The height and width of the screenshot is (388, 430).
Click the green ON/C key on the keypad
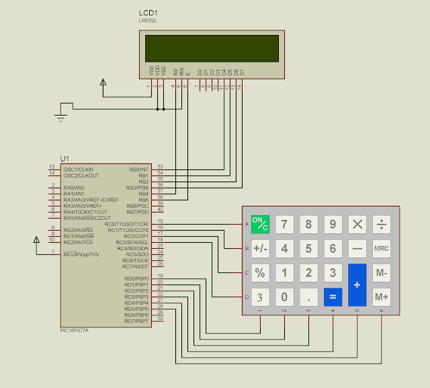tap(260, 225)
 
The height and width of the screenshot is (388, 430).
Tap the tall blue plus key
tap(357, 284)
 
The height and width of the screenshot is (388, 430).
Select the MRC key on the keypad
tap(382, 249)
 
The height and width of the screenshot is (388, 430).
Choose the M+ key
tap(382, 297)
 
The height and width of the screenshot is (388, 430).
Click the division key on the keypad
tap(382, 225)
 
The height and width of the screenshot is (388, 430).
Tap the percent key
tap(260, 273)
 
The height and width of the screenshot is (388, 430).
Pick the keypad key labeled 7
tap(285, 225)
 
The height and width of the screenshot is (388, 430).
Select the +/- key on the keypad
tap(260, 249)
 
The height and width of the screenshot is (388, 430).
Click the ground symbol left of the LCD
tap(61, 118)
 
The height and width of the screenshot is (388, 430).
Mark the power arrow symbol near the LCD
tap(103, 83)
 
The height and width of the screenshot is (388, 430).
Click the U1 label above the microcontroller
tap(64, 159)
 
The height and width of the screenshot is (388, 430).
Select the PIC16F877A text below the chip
tap(74, 330)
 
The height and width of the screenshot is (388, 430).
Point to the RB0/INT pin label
tap(138, 169)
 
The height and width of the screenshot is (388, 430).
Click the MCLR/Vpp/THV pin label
tap(81, 254)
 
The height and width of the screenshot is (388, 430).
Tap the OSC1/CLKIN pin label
tap(78, 169)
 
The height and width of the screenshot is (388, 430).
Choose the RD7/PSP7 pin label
tap(136, 321)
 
